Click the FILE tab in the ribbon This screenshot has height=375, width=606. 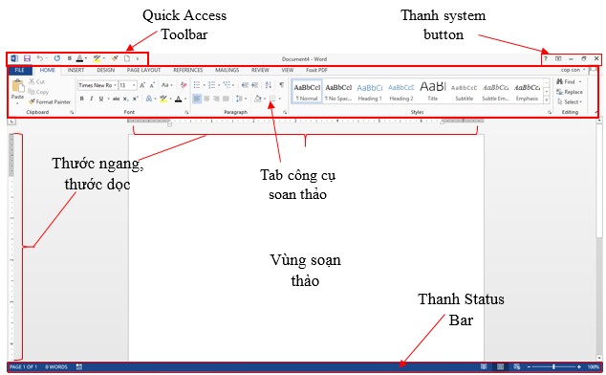pos(18,70)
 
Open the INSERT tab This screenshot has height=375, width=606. pos(76,70)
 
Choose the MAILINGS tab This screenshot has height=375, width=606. pos(227,70)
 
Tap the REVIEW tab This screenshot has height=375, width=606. pos(260,70)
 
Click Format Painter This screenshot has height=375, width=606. pos(53,101)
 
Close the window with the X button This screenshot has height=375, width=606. pos(596,58)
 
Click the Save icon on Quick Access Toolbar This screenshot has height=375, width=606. pos(27,58)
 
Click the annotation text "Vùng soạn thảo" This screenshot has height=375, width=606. pos(305,270)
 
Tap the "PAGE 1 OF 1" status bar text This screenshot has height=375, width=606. pos(23,366)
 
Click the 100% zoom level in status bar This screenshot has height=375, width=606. pos(594,366)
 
